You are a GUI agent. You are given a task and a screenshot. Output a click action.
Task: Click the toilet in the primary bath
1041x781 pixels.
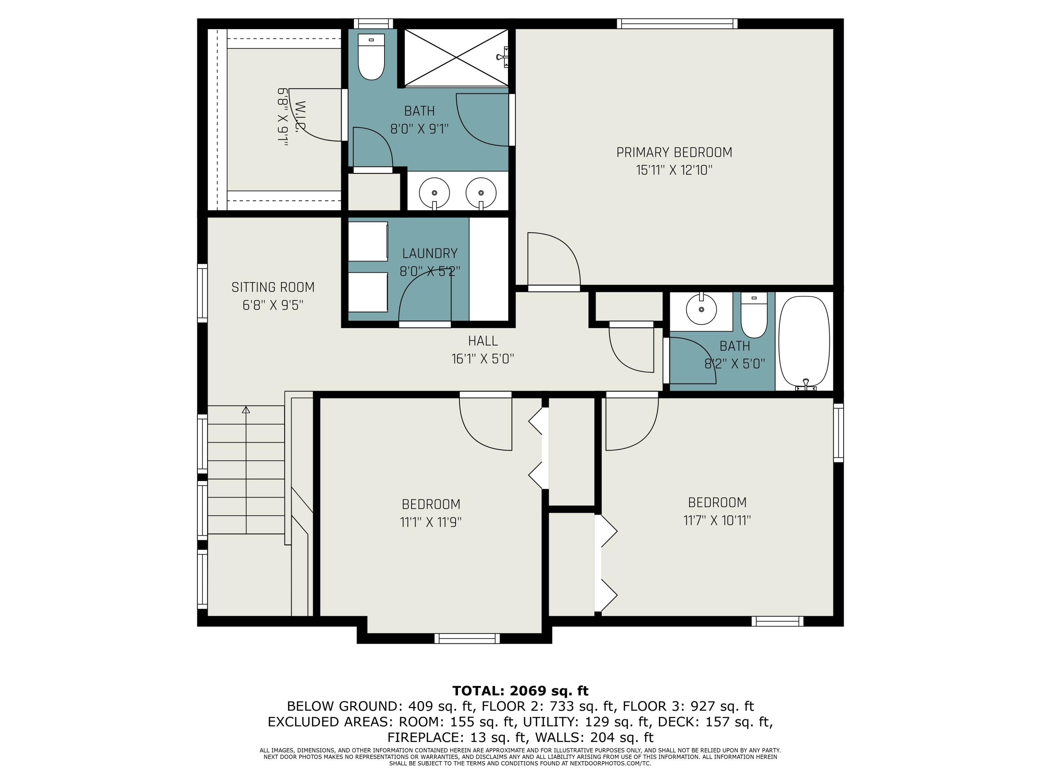point(371,57)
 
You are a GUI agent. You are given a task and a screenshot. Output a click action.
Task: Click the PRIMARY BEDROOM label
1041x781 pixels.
point(674,152)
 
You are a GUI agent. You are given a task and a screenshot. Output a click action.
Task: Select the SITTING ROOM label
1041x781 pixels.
point(273,287)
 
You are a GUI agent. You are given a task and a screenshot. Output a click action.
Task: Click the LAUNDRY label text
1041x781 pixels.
point(430,254)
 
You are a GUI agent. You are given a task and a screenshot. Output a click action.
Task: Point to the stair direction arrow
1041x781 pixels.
point(246,410)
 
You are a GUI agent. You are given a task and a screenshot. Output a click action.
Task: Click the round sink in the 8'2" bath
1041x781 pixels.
point(701,310)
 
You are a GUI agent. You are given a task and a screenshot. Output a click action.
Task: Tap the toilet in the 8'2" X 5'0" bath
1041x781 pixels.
point(754,314)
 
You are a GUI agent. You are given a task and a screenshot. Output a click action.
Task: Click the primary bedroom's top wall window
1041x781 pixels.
point(677,24)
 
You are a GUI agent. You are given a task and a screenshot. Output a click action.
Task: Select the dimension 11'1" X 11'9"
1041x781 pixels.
point(431,522)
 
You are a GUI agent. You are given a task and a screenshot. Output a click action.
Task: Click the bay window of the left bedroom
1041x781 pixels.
point(467,638)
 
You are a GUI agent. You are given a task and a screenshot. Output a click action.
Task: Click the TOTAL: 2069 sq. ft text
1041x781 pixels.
point(520,691)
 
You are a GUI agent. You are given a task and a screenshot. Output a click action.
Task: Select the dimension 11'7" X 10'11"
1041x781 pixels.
point(717,520)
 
